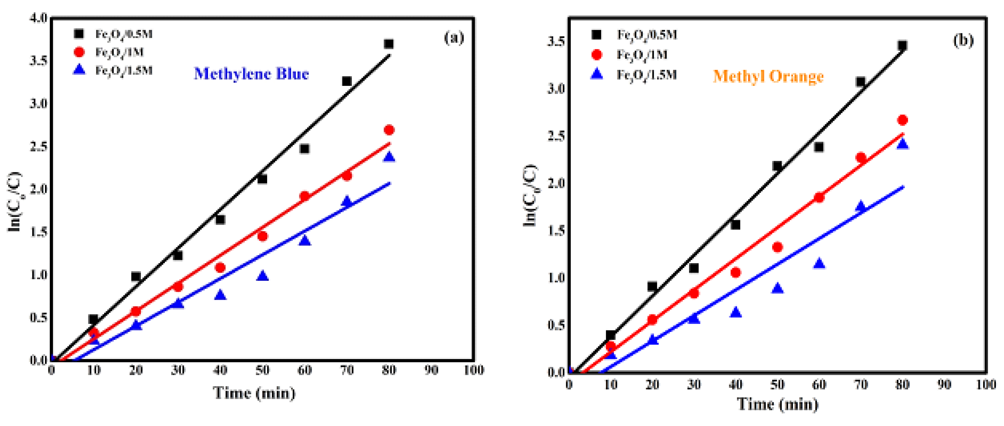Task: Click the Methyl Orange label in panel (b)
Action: click(768, 76)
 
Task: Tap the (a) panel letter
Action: click(454, 38)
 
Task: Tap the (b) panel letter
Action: click(963, 40)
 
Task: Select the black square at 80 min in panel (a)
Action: click(389, 44)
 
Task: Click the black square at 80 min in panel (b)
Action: click(902, 46)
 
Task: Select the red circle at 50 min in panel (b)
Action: click(777, 247)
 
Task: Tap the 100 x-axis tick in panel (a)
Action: click(474, 370)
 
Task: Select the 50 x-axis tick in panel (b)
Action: click(777, 385)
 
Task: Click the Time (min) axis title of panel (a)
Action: click(254, 393)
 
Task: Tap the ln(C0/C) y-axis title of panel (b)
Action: click(530, 195)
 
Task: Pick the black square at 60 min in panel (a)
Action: click(304, 149)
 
